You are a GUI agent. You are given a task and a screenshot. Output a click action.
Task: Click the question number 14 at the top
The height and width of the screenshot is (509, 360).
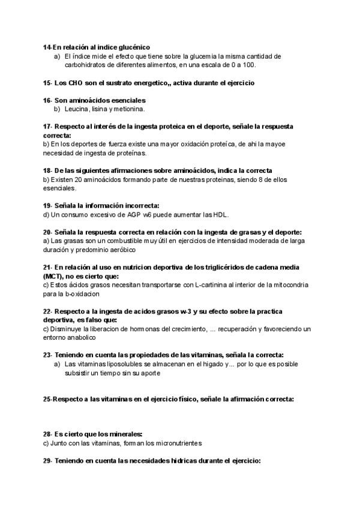point(47,47)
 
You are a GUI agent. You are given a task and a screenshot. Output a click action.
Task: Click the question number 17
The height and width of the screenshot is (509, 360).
point(47,127)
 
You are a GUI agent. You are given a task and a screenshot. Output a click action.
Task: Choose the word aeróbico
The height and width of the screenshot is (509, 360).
point(121,249)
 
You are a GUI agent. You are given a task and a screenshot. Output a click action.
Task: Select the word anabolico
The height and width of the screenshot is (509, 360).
point(84,338)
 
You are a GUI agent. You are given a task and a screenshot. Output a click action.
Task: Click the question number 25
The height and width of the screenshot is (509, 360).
point(47,399)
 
